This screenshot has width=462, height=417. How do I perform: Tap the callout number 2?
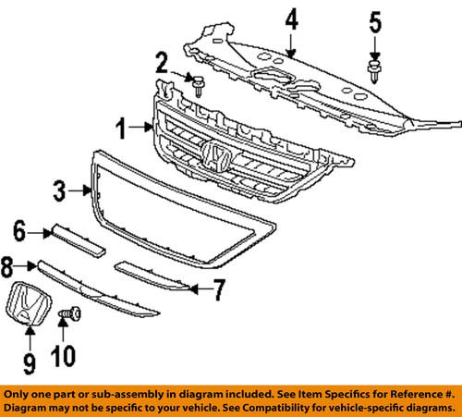(x=161, y=64)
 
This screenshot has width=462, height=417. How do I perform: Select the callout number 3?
(x=58, y=191)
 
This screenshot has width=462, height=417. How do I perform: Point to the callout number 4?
(x=290, y=18)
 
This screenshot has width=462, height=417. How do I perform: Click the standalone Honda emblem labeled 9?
(x=26, y=305)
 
